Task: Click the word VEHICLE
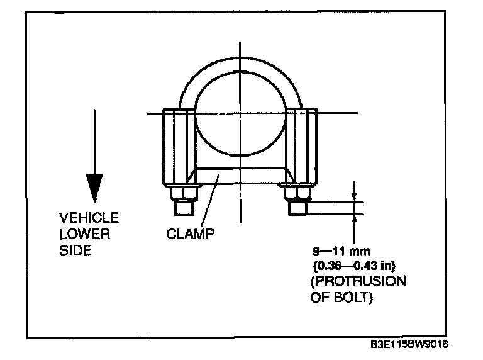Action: click(x=89, y=218)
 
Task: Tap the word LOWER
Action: click(x=85, y=234)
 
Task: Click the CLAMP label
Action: click(x=191, y=234)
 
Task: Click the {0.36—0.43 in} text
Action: click(x=357, y=264)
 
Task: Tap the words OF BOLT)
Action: click(x=341, y=297)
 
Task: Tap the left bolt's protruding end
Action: click(x=182, y=206)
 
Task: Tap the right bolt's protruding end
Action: click(x=297, y=207)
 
